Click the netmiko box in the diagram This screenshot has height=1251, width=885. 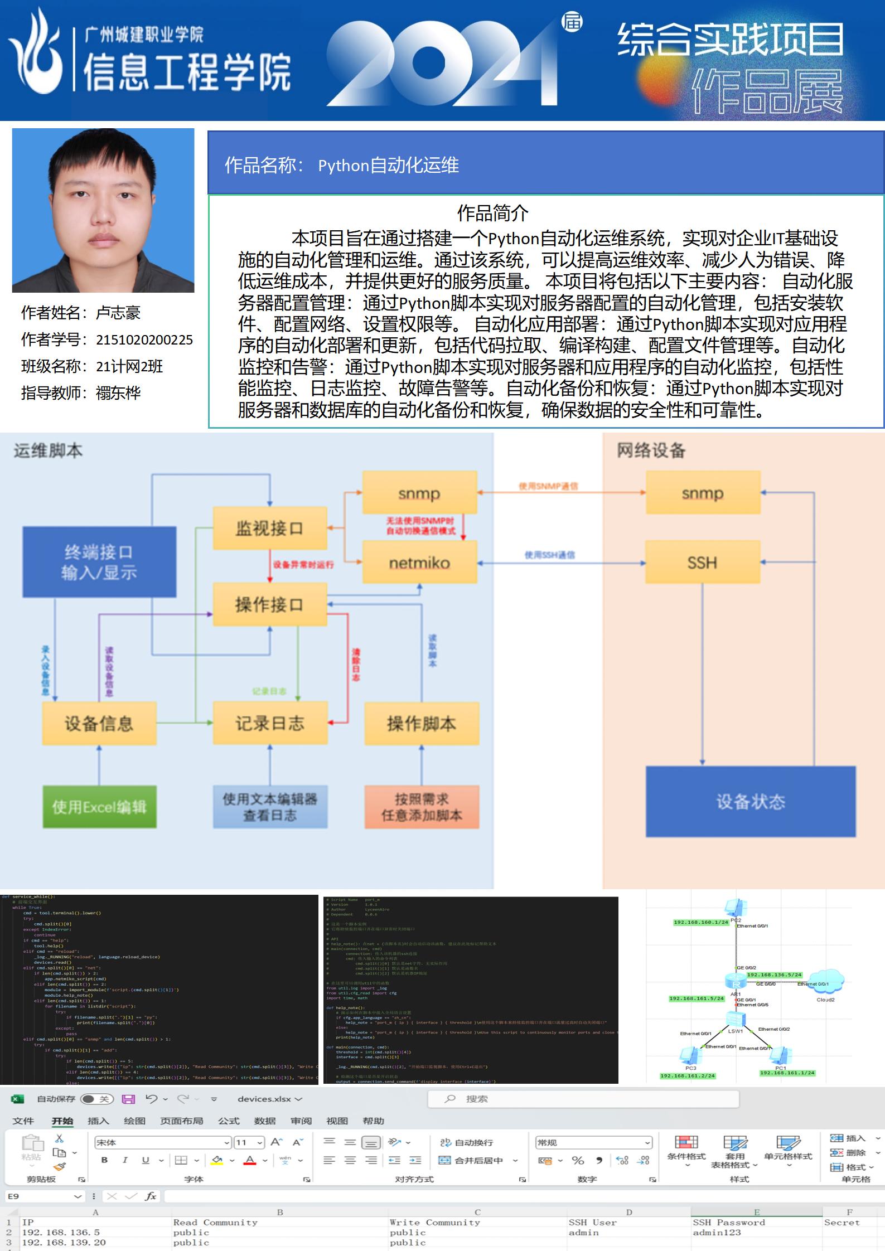click(x=419, y=563)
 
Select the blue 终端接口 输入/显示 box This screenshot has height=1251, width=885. click(x=99, y=562)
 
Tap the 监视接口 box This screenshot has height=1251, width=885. click(x=270, y=528)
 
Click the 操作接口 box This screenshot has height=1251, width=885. click(x=270, y=604)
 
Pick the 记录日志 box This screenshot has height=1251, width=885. click(x=270, y=723)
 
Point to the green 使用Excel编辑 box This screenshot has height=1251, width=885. click(x=99, y=807)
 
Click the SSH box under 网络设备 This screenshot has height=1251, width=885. click(x=703, y=563)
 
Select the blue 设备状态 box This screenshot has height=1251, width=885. click(x=751, y=802)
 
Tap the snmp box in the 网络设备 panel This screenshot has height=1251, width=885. click(x=703, y=493)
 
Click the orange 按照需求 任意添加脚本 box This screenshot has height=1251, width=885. click(x=422, y=807)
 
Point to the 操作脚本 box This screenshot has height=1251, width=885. click(x=422, y=723)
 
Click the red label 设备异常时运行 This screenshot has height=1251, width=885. click(x=303, y=565)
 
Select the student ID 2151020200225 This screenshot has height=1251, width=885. click(x=144, y=340)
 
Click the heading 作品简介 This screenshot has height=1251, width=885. click(x=492, y=212)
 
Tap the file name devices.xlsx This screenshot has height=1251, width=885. click(x=264, y=1099)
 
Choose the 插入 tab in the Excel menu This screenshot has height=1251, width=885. click(x=98, y=1121)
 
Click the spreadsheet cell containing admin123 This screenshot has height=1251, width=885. click(x=717, y=1232)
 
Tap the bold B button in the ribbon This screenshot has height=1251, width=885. click(x=104, y=1160)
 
